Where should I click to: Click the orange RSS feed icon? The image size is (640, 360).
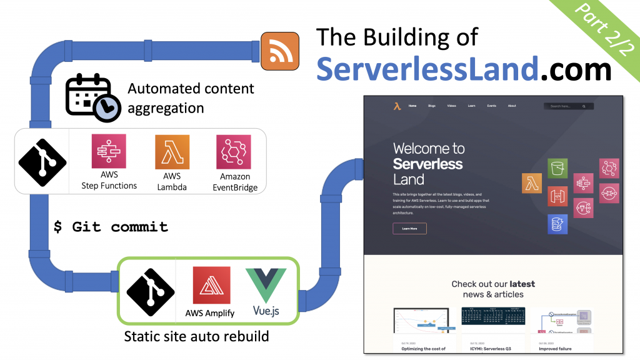[280, 51]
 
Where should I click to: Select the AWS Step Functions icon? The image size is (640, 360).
[109, 151]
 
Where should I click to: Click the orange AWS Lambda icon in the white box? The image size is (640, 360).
[172, 152]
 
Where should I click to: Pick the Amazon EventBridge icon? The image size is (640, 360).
[234, 152]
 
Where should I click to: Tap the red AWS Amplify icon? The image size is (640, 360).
[211, 285]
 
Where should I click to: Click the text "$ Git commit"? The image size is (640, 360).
[111, 227]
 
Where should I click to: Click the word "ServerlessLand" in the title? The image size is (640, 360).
[426, 69]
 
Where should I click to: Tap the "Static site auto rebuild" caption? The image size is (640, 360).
[196, 336]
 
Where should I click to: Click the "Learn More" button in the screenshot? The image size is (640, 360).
[409, 229]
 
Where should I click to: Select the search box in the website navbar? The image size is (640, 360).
[568, 106]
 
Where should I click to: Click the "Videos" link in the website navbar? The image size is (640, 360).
[451, 106]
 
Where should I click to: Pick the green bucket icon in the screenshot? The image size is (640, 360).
[557, 168]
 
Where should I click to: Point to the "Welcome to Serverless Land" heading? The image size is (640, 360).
[428, 164]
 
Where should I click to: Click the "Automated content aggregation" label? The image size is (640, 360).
[191, 98]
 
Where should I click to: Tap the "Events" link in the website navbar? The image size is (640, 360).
[491, 106]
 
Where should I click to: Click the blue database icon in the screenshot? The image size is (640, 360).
[557, 224]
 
